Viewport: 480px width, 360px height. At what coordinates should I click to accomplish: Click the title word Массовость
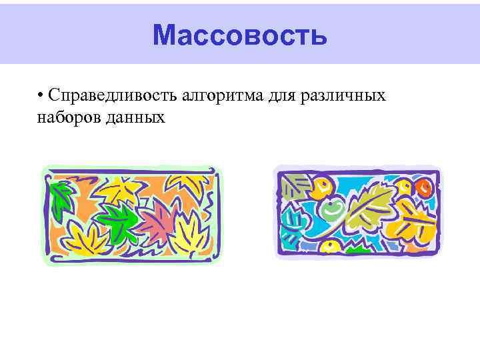tap(239, 35)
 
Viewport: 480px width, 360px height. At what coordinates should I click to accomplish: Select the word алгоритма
tap(224, 95)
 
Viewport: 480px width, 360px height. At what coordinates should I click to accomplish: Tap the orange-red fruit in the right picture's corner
tap(425, 189)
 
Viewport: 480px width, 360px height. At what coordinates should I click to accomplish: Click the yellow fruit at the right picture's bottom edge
tap(330, 247)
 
